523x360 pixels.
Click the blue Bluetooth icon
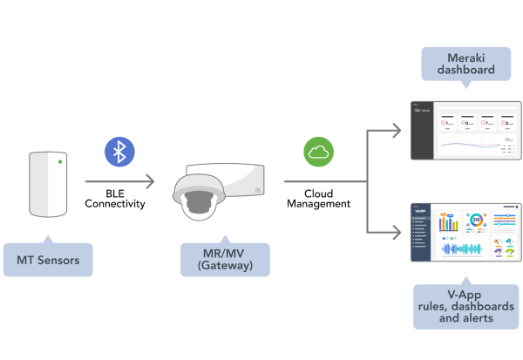pos(119,151)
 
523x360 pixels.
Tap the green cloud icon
pos(318,152)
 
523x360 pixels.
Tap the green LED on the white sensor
pos(58,161)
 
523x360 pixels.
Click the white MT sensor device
pos(48,184)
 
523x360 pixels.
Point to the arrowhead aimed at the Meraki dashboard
pos(397,131)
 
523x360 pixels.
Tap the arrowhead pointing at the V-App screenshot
pos(397,233)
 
